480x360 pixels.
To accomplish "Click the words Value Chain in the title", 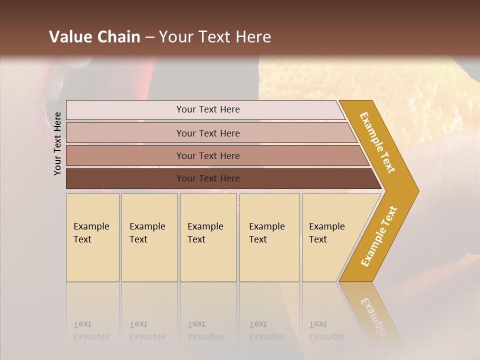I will [94, 37].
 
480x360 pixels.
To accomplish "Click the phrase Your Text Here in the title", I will [215, 37].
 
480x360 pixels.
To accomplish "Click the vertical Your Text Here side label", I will [57, 143].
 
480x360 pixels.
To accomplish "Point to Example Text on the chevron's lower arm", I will [379, 236].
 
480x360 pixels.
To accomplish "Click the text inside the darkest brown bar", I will [208, 178].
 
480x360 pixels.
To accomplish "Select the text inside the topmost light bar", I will [208, 109].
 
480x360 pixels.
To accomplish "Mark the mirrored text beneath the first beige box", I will [91, 331].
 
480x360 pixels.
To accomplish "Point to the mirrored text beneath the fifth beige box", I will [326, 331].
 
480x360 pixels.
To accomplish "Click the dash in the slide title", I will [149, 37].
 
